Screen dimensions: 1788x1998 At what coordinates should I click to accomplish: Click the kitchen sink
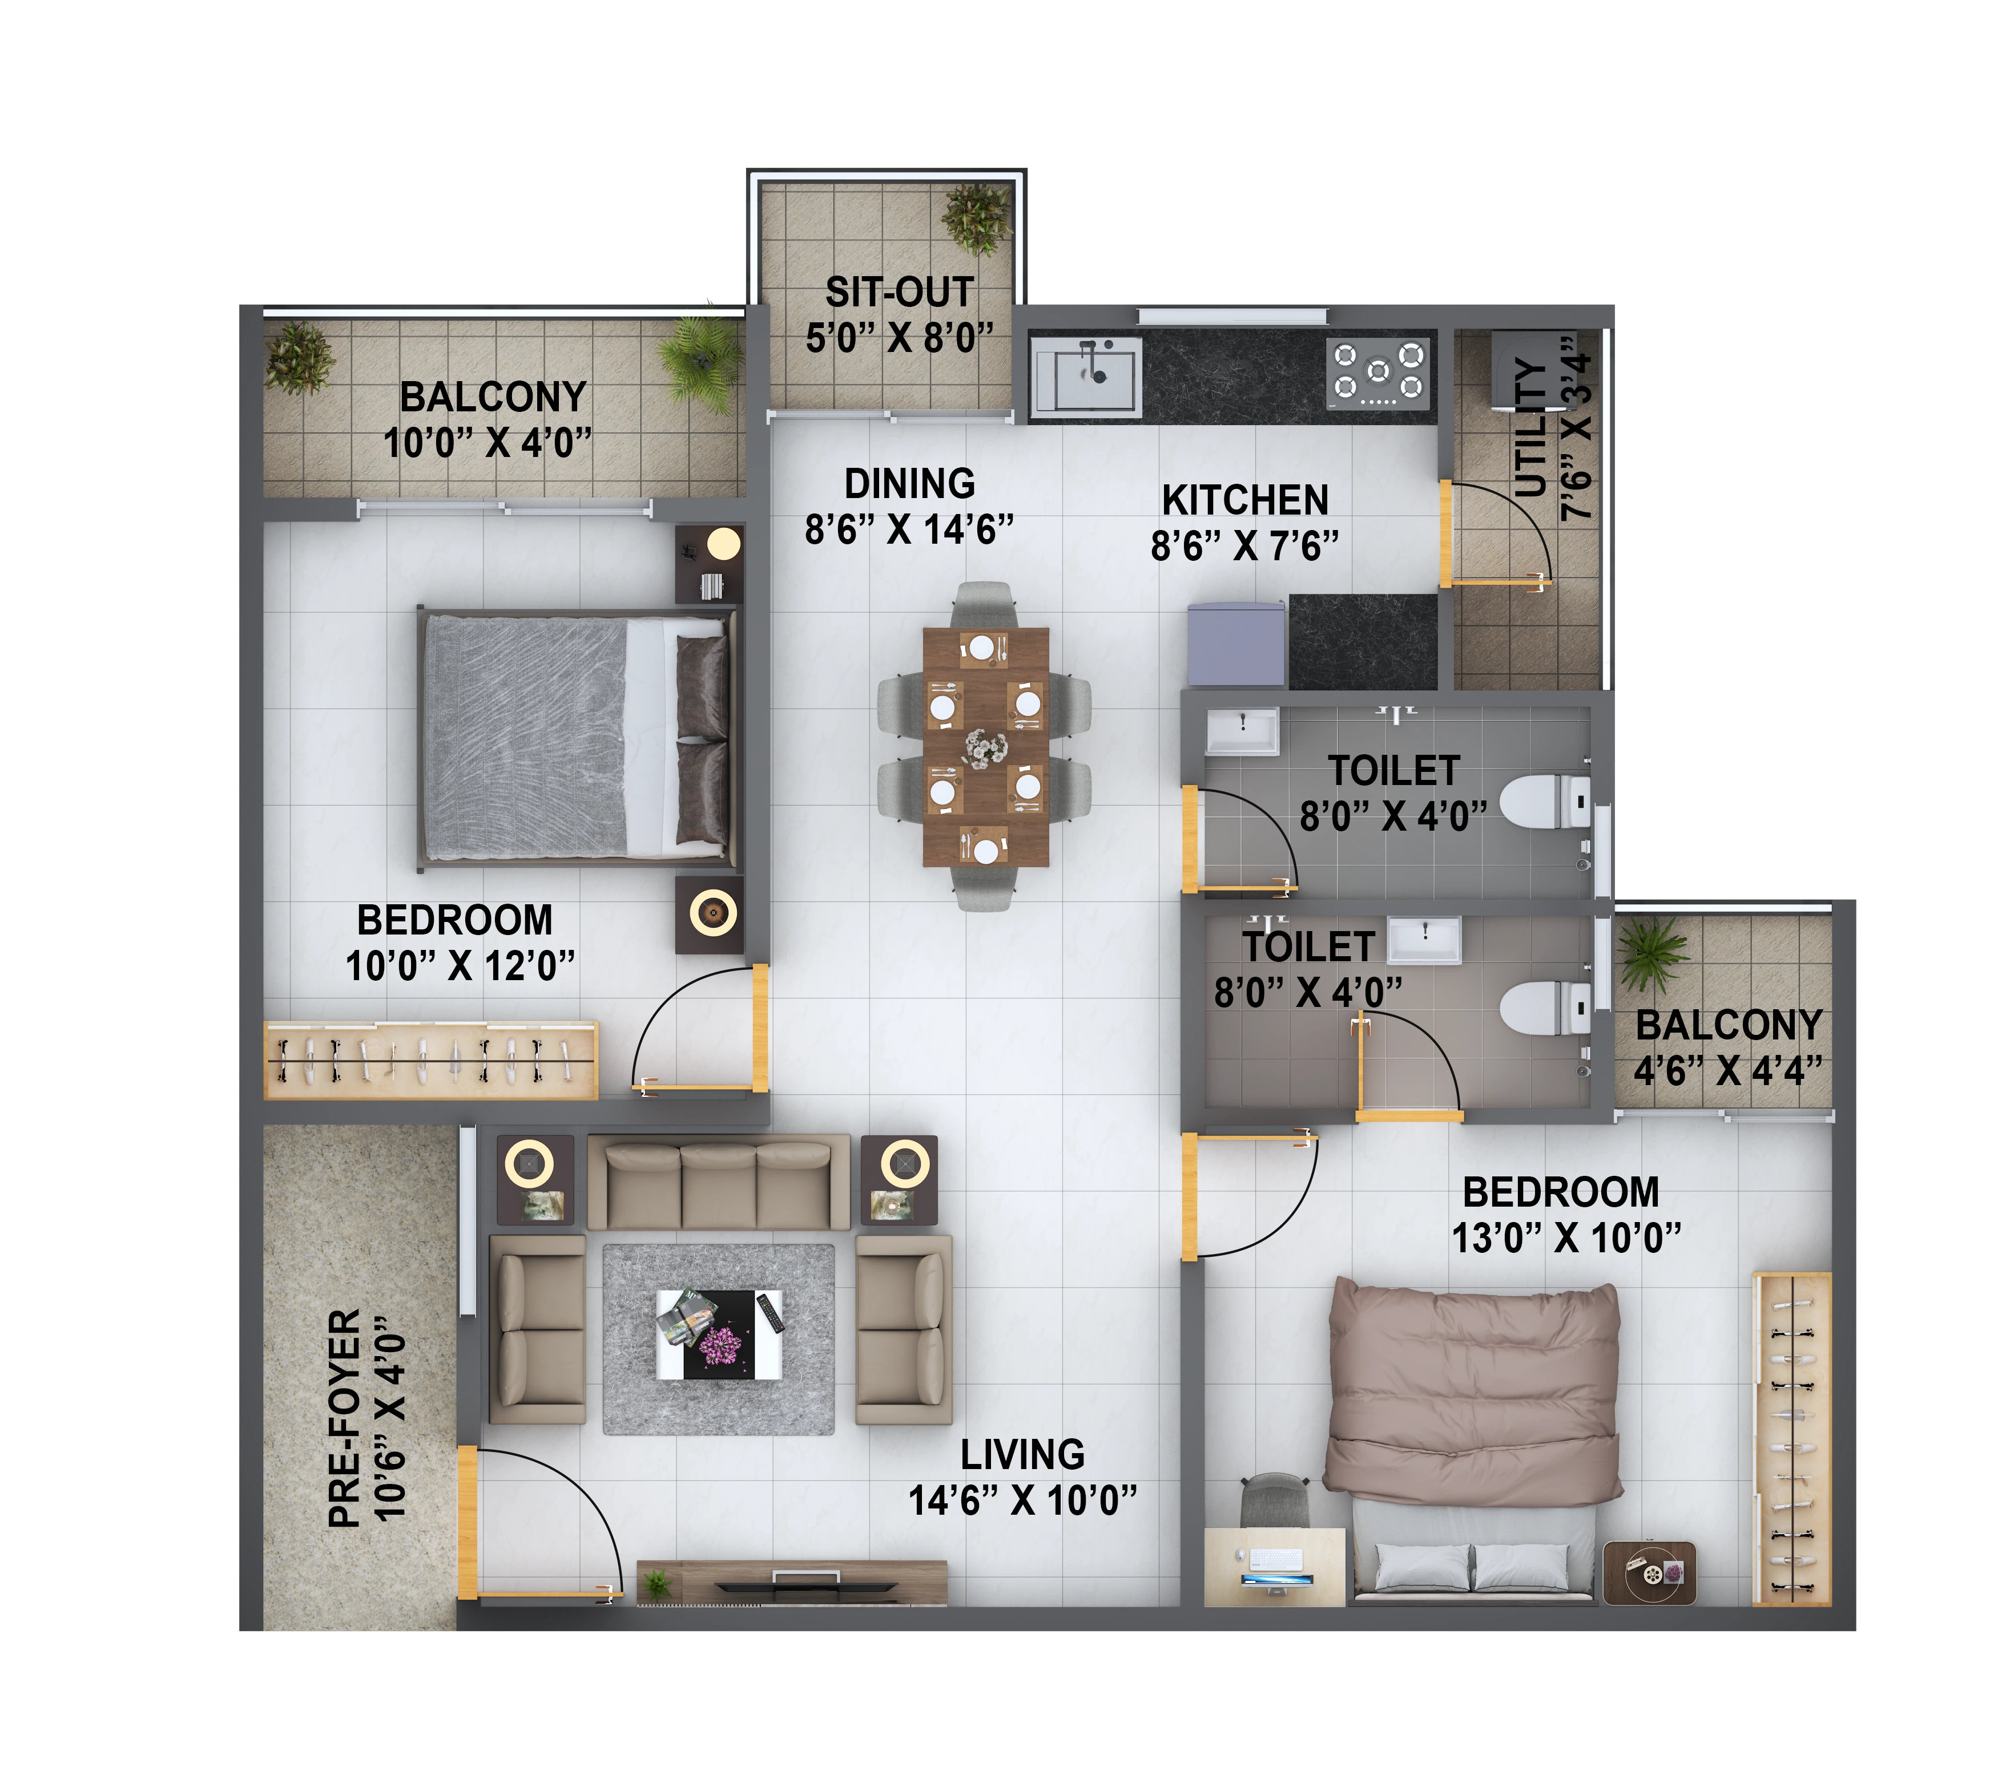[x=1085, y=377]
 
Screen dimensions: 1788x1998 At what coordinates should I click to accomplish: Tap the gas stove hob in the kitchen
[x=1378, y=373]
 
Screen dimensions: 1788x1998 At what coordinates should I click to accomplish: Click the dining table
[x=986, y=747]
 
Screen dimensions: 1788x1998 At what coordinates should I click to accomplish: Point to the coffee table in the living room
[x=719, y=1334]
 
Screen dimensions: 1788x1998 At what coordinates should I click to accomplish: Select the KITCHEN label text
[x=1244, y=500]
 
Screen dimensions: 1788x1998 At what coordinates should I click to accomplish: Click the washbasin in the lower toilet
[x=1423, y=940]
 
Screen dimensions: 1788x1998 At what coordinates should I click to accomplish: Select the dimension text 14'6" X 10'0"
[x=1022, y=1500]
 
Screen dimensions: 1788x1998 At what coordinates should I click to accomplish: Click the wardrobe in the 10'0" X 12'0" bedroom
[x=430, y=1061]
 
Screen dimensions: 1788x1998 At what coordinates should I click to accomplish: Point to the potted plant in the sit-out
[x=976, y=218]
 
